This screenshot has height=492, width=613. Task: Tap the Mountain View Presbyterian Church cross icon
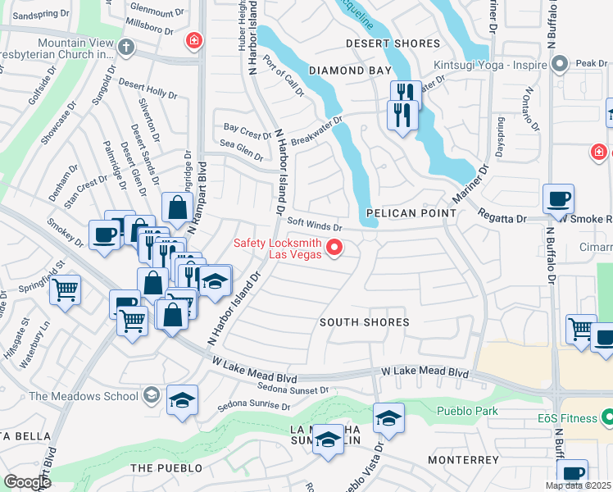tap(125, 47)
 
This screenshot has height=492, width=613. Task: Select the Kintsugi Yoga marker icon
tap(561, 63)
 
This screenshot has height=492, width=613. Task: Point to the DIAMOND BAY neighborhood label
tap(350, 71)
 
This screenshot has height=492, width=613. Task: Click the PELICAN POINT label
tap(410, 213)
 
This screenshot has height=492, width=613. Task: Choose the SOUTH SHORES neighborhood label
tap(364, 322)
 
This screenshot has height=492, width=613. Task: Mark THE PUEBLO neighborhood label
tap(166, 467)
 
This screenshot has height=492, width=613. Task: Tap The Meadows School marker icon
tap(150, 396)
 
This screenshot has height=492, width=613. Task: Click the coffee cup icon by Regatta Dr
tap(558, 198)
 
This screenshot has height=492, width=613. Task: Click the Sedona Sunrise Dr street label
tap(254, 406)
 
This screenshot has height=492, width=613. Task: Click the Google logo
tap(27, 482)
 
